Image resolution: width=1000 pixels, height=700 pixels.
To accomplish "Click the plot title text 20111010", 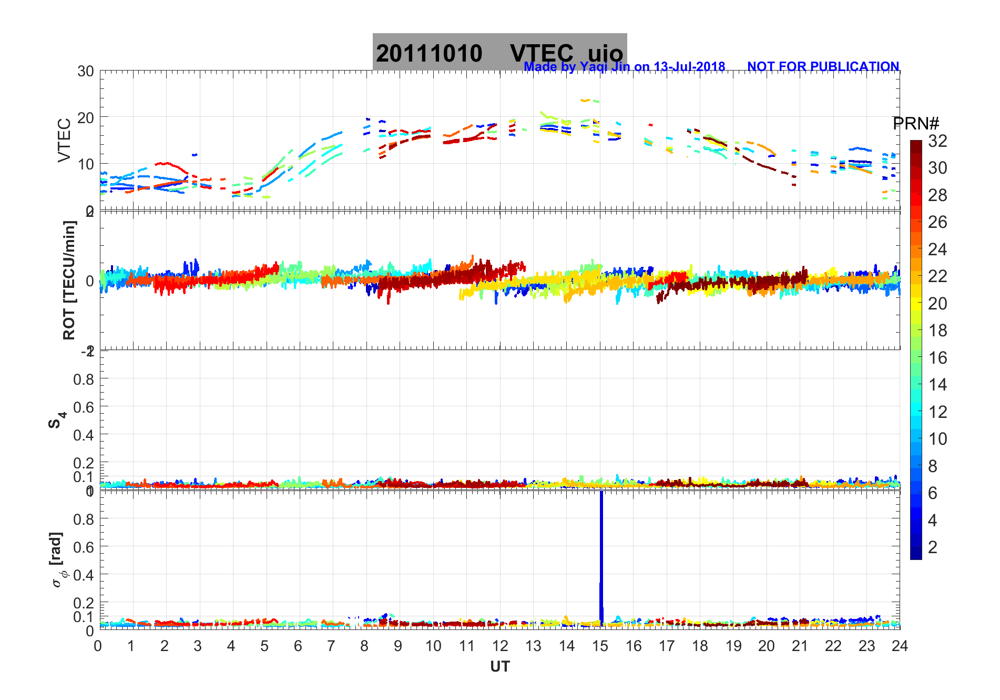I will [428, 54].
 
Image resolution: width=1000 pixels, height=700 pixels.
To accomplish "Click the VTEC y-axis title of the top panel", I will [64, 140].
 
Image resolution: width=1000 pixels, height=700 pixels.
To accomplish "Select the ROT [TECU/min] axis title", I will [69, 280].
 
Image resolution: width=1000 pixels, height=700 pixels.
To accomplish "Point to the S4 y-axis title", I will [57, 420].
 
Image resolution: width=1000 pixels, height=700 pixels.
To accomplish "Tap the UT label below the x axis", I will [499, 667].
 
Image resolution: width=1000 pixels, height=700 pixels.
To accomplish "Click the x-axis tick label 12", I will [499, 646].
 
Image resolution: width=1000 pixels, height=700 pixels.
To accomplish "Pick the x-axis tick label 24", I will [900, 646].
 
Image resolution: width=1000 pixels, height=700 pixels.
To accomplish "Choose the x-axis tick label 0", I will [98, 646].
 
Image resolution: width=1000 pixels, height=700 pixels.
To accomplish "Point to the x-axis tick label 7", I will [331, 646].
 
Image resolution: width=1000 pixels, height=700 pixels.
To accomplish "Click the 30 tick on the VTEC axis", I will [86, 72].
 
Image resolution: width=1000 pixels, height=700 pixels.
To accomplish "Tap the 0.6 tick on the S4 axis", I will [84, 407].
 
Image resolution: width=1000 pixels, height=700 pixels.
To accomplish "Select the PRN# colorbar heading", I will [915, 124].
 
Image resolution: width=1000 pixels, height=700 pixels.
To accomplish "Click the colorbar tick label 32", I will [937, 141].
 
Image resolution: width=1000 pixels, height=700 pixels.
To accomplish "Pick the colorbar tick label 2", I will [933, 547].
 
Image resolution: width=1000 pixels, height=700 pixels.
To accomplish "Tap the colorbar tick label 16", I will [937, 358].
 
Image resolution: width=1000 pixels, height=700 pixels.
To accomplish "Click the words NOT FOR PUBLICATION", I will [823, 67].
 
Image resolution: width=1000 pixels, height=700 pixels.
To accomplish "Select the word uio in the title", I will [605, 54].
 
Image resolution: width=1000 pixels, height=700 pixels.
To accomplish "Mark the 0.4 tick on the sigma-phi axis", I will [84, 575].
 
